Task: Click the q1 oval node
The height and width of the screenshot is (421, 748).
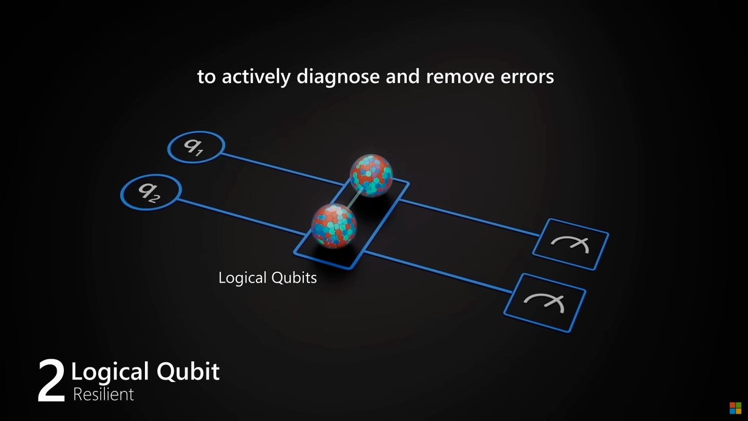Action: tap(196, 147)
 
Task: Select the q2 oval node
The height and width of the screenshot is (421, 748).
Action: tap(151, 192)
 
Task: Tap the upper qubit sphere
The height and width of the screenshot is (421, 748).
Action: tap(371, 176)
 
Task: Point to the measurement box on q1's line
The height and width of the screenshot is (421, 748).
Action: tap(570, 243)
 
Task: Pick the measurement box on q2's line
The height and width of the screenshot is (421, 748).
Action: tap(544, 302)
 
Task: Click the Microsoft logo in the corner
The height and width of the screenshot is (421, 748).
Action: tap(735, 408)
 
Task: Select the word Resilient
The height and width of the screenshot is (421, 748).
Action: tap(103, 394)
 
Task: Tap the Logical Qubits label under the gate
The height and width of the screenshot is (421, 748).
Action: tap(268, 278)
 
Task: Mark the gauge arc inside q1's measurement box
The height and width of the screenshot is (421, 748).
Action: tap(570, 243)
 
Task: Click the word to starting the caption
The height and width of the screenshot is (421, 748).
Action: tap(206, 77)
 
